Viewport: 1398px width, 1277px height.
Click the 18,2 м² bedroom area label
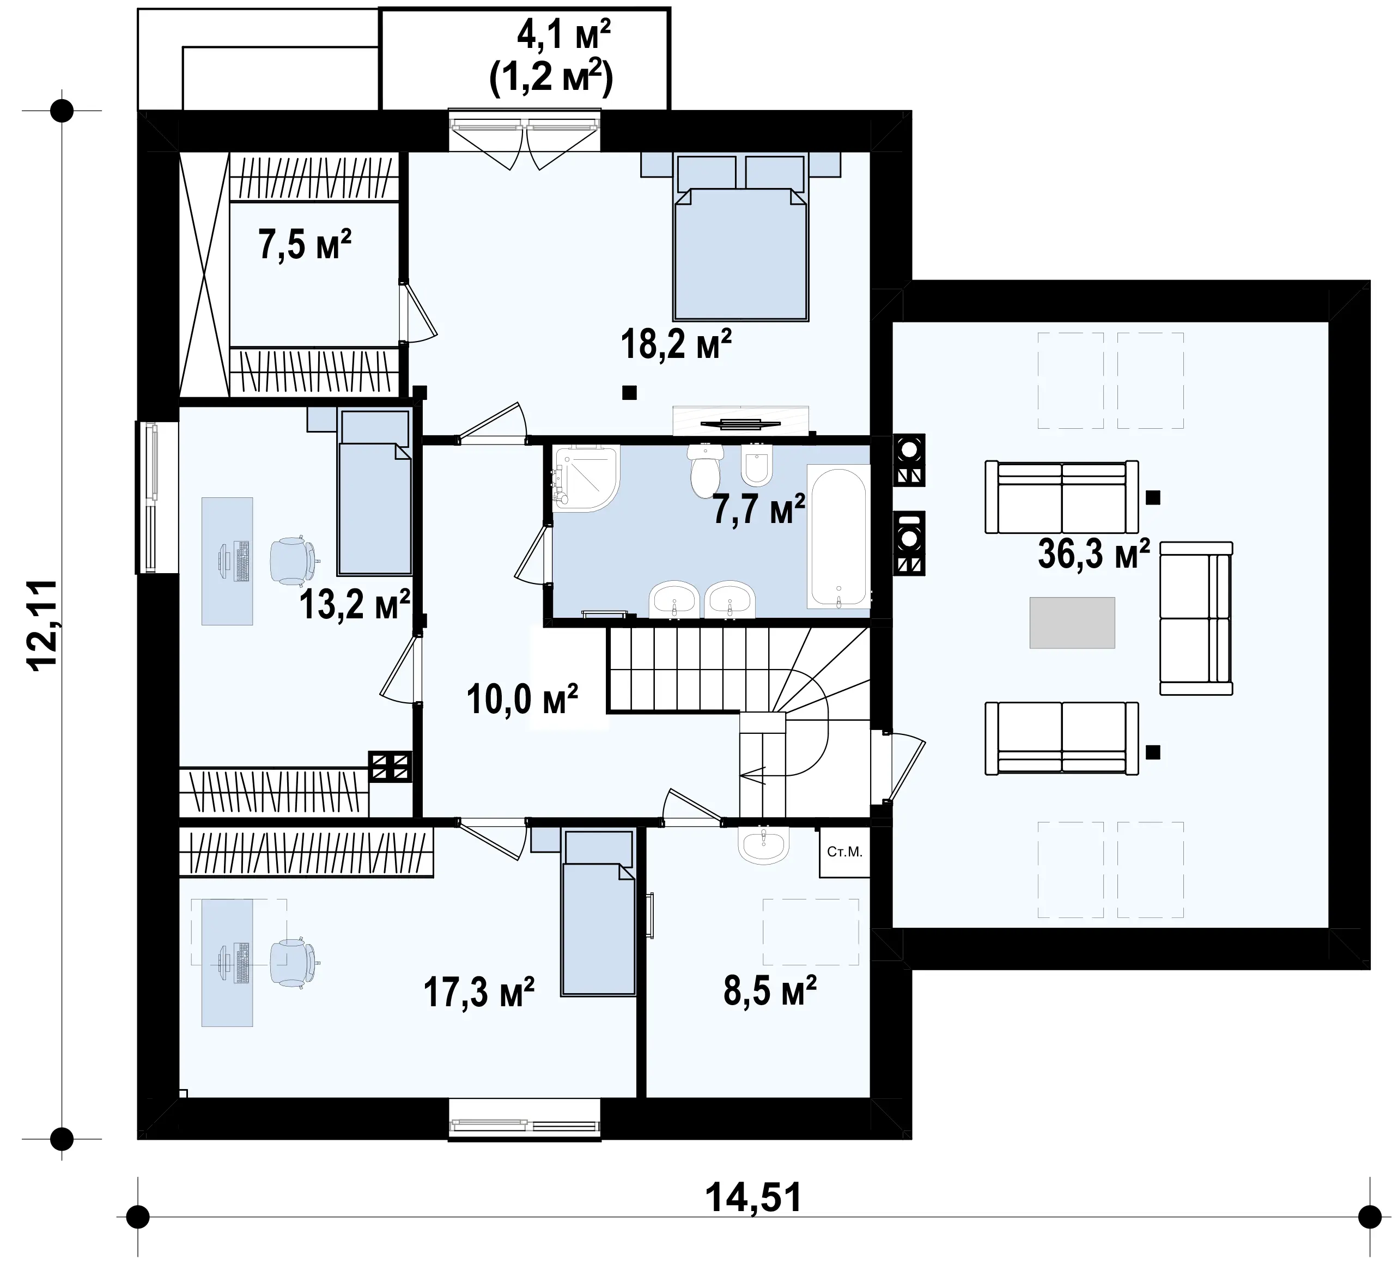tap(676, 344)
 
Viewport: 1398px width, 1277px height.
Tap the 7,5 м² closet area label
tap(305, 244)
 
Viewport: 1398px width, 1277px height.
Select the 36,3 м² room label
tap(1093, 554)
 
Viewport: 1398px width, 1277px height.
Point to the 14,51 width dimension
tap(754, 1197)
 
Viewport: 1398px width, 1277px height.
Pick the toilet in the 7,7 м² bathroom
tap(705, 470)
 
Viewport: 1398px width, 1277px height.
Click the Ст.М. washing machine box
tap(844, 852)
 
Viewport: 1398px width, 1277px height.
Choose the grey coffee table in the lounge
tap(1072, 623)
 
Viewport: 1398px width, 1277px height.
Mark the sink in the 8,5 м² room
tap(763, 846)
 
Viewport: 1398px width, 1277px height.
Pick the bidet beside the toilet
tap(757, 465)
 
